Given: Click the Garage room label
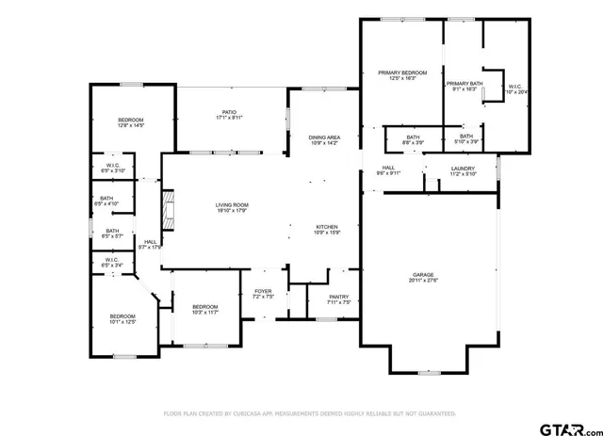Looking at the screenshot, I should (428, 274).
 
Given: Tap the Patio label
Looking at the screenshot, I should (230, 115).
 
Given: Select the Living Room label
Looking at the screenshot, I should (231, 204).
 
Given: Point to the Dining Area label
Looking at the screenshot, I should (324, 138).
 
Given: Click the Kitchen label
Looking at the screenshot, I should (326, 227).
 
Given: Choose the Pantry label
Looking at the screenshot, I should (338, 299).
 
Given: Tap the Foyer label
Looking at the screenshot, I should (263, 291).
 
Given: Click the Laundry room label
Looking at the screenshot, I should (464, 170).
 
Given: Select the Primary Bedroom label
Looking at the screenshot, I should (402, 73).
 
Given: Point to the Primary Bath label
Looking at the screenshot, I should (464, 83).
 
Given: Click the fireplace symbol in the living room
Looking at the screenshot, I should (169, 211).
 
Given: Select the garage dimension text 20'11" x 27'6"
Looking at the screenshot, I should (428, 281).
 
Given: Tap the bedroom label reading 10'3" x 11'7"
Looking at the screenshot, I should (204, 311).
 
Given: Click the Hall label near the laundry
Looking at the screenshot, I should (388, 170).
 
